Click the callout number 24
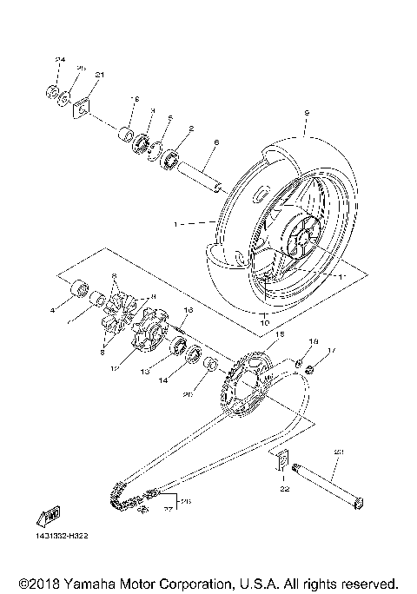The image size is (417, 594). [60, 59]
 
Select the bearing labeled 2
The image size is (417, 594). [171, 160]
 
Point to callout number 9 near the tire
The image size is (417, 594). [307, 113]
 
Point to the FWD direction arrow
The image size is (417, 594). [49, 519]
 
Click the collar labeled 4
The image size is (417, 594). [79, 287]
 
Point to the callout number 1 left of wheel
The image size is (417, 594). [175, 224]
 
